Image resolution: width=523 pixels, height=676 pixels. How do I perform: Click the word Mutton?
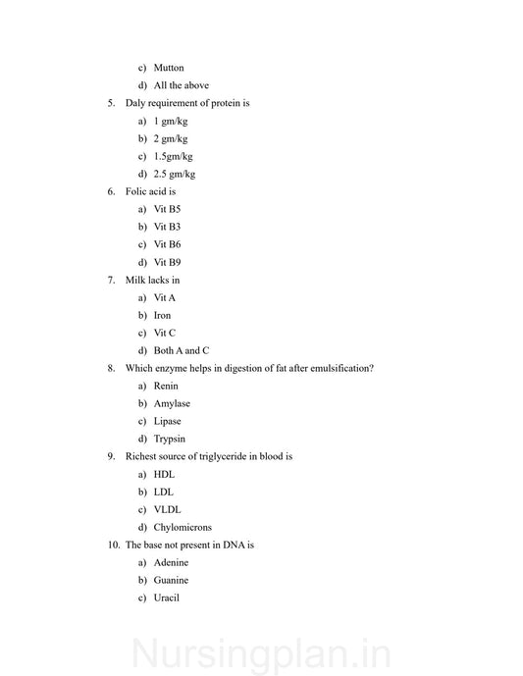point(168,68)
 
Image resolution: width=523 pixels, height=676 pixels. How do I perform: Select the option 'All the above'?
point(181,85)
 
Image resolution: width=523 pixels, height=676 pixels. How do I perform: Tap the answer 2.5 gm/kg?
point(174,174)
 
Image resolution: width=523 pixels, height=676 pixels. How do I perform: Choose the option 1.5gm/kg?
point(173,156)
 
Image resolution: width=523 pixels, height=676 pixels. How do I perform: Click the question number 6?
point(111,191)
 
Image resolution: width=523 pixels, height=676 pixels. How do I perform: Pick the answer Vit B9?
point(167,262)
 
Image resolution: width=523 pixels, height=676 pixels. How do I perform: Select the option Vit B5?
point(167,209)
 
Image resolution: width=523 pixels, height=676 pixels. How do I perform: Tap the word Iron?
point(162,315)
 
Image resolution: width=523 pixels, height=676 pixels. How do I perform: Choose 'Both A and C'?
point(181,350)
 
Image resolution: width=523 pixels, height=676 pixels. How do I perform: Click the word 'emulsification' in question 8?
point(337,368)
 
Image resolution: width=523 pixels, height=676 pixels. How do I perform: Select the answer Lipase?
point(167,421)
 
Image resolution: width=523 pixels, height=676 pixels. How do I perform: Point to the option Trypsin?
point(169,439)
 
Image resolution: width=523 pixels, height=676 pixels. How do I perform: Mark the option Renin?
point(166,386)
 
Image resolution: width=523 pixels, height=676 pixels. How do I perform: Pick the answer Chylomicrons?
point(182,527)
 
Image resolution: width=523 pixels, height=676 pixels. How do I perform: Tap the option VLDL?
point(167,509)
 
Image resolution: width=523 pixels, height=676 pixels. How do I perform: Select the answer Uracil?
point(167,598)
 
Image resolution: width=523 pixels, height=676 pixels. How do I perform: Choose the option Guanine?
point(171,580)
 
